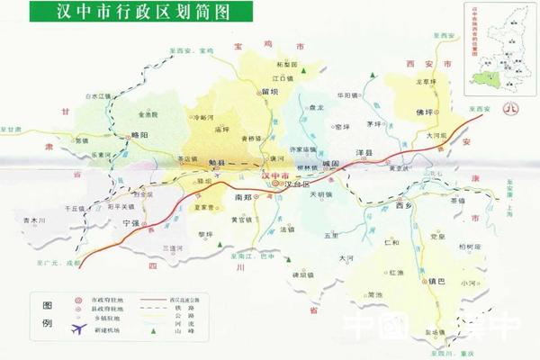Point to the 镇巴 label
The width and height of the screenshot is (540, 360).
(413, 279)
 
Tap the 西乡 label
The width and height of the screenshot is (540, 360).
(404, 206)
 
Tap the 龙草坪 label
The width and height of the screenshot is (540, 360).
(425, 82)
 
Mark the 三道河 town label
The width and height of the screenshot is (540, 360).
(170, 247)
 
